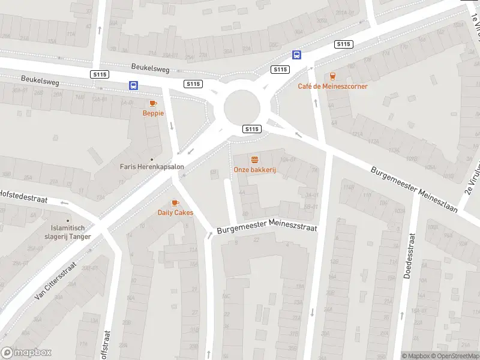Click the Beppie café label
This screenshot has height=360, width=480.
pyautogui.click(x=153, y=113)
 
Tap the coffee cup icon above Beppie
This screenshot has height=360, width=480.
pyautogui.click(x=153, y=103)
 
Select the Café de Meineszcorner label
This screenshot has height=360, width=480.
pyautogui.click(x=332, y=86)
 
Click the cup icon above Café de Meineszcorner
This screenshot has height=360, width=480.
pyautogui.click(x=332, y=76)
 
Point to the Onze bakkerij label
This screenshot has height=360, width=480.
pyautogui.click(x=254, y=170)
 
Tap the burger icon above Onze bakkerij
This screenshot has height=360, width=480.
pyautogui.click(x=254, y=160)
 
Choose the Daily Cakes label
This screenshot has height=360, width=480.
pyautogui.click(x=175, y=212)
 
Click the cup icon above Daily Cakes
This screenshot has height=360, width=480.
pyautogui.click(x=175, y=203)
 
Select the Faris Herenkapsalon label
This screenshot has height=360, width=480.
pyautogui.click(x=151, y=167)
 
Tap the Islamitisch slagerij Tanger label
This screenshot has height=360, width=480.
pyautogui.click(x=71, y=232)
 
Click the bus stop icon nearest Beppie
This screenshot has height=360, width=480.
pyautogui.click(x=133, y=86)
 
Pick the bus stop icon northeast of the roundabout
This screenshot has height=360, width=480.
pyautogui.click(x=296, y=55)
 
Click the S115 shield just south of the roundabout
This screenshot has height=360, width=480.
pyautogui.click(x=251, y=129)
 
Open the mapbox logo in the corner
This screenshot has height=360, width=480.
pyautogui.click(x=26, y=353)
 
